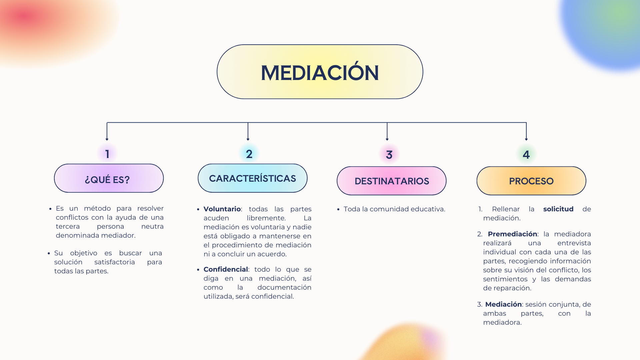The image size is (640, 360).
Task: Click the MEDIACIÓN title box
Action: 320,72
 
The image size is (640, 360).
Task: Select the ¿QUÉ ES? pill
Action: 109,178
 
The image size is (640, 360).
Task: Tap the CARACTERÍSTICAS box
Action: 252,178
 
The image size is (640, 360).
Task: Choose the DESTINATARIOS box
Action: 391,181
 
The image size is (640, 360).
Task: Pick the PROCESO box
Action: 531,181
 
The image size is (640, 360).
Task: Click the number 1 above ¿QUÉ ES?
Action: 107,154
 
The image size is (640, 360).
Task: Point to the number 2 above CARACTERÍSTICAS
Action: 249,154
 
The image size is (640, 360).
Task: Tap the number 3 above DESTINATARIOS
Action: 389,155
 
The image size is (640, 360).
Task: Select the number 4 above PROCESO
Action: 526,155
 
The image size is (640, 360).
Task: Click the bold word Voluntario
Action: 222,209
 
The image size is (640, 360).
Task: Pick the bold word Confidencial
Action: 226,269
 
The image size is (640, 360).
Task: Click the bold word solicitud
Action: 558,209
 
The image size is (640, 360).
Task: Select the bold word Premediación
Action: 512,234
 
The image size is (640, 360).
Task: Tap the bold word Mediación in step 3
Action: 503,304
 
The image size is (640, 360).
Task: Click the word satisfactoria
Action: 114,262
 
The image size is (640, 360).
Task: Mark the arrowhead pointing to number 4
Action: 526,139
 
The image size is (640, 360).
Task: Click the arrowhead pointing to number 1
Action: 107,139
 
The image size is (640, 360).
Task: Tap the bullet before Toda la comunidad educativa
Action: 338,209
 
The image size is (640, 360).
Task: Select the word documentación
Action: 284,287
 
